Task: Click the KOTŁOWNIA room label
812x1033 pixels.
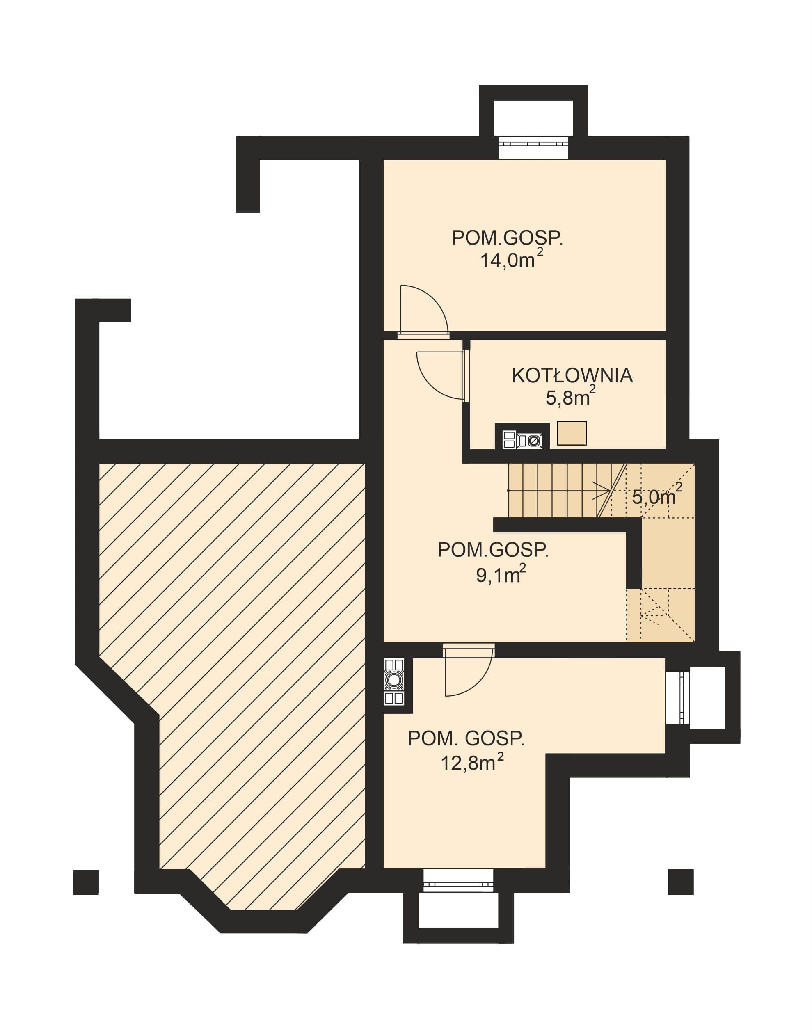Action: click(x=572, y=375)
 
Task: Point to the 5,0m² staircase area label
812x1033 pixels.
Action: click(x=656, y=495)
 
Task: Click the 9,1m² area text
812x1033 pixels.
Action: click(x=501, y=574)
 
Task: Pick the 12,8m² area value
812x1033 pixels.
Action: click(x=472, y=761)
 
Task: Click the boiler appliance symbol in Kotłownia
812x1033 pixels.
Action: click(x=522, y=436)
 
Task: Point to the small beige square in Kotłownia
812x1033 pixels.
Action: click(x=572, y=433)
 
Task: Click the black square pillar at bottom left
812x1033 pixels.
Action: click(x=86, y=882)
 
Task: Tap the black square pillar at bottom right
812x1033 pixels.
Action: click(x=681, y=882)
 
